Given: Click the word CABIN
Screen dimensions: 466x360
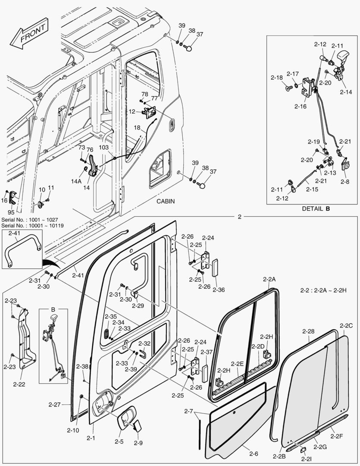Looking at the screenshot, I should coord(166,202).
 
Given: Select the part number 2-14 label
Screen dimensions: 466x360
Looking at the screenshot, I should coord(345,92).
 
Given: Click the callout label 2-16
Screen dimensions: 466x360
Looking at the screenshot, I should coord(301,107).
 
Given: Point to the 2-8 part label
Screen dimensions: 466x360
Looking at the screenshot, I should coord(344,182).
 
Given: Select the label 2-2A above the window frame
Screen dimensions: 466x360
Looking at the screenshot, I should coord(269,279).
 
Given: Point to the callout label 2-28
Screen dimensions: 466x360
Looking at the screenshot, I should coord(308,331).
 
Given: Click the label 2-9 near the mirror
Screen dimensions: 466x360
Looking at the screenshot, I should coord(138,443).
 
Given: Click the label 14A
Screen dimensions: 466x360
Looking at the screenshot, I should coord(76,182).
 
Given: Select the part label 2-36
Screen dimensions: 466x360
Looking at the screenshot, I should coord(219,290).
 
